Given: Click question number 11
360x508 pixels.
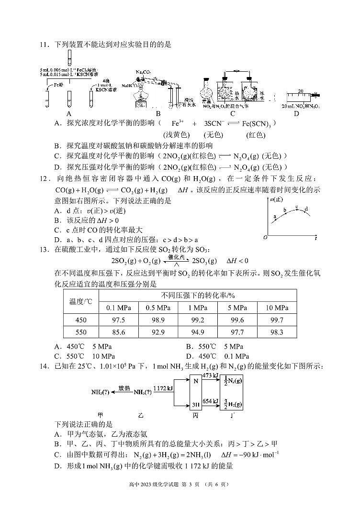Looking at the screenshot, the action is tap(45, 45).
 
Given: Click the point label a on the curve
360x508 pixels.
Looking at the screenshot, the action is tap(275, 217).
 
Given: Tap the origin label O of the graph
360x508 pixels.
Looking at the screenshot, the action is tap(265, 238).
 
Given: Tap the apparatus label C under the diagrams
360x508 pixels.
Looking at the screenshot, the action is tap(233, 113).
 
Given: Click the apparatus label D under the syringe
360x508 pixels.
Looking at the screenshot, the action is tap(296, 113).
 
